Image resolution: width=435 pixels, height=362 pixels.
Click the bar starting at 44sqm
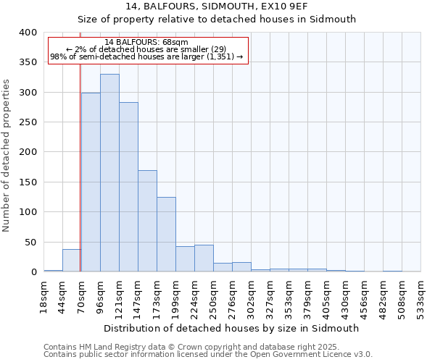tap(72, 261)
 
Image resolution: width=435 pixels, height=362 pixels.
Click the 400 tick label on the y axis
tap(27, 33)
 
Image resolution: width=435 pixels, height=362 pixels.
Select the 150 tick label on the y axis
tap(27, 182)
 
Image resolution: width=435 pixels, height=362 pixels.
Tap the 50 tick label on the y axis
tap(30, 243)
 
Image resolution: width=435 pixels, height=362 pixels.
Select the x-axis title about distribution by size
tap(231, 328)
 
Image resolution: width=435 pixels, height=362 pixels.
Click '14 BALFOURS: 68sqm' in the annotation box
tap(146, 42)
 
